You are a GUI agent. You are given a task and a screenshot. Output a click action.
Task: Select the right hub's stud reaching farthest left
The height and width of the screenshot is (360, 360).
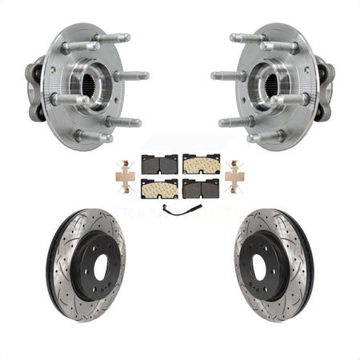click(222, 77)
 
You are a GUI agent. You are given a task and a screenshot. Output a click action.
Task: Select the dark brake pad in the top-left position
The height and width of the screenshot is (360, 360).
click(158, 164)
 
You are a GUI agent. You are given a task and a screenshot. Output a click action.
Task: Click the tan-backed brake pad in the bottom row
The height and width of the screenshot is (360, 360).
click(158, 189)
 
